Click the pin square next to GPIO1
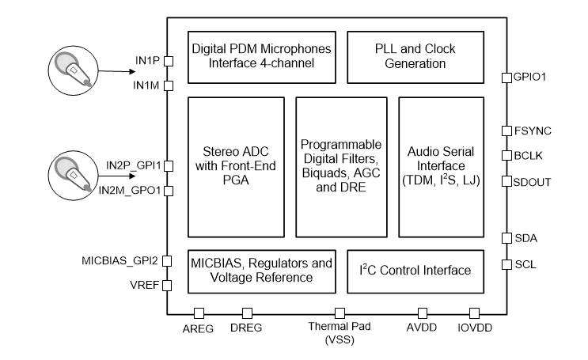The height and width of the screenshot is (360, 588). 506,77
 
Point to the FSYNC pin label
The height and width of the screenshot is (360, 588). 533,131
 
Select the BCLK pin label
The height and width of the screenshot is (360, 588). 529,156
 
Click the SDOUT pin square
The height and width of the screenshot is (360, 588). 506,182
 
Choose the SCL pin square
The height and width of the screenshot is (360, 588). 506,264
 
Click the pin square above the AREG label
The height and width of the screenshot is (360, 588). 199,313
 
